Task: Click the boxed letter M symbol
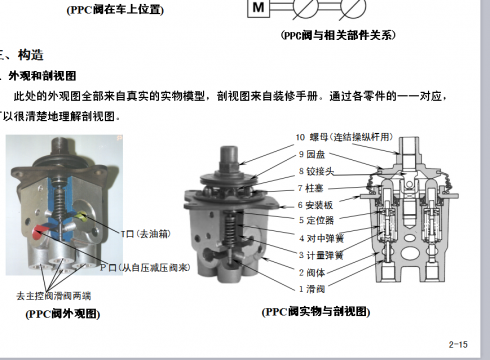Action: pos(258,8)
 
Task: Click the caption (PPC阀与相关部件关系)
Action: pos(337,33)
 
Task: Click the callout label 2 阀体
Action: pos(314,271)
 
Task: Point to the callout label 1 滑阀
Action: pos(314,288)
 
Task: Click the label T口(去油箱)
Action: pos(145,233)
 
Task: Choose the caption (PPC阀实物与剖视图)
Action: pos(316,311)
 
